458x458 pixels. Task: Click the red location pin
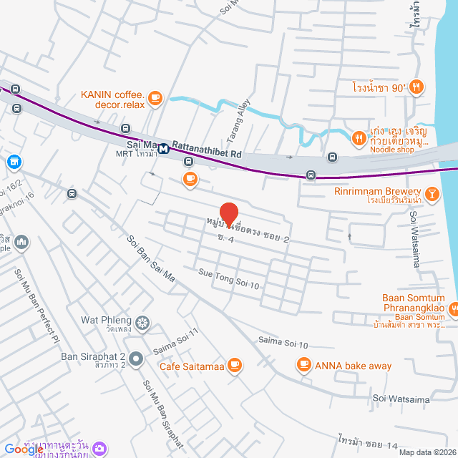(228, 213)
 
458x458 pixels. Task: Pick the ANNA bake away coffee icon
(303, 366)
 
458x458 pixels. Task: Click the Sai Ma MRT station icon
(164, 150)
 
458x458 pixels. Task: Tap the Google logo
(24, 449)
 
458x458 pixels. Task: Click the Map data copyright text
(427, 452)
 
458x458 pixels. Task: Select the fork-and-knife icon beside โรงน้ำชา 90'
(417, 87)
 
